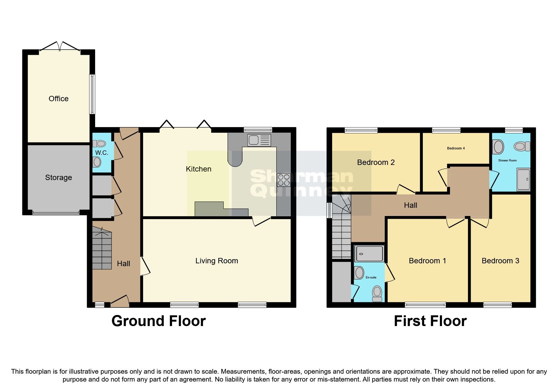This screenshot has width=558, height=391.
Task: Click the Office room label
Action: pos(58,99)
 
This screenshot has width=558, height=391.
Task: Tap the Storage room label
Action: pos(58,178)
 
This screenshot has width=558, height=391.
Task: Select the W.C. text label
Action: pos(101,153)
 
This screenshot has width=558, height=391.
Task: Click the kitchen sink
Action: pos(259,140)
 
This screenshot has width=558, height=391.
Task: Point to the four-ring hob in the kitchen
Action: pos(284,180)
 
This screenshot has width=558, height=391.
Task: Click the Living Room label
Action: pos(216,261)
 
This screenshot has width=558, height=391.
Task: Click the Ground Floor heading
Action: pos(158,321)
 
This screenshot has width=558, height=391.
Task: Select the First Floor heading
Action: pos(430,321)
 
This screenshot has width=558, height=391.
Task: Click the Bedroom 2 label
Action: pos(376,162)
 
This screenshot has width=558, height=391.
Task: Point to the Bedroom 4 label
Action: pos(456,148)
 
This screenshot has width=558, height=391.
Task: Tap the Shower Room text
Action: pos(507,160)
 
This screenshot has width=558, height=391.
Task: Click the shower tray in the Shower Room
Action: pos(523,179)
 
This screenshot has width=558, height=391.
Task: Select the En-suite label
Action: pos(371,277)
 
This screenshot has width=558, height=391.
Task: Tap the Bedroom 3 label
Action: pos(500,261)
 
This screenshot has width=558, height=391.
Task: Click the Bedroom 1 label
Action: pos(427,261)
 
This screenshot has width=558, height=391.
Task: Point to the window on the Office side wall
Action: pos(92,94)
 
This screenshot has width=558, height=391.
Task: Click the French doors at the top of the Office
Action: pos(60,47)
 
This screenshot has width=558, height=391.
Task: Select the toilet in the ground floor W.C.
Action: pos(100,144)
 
